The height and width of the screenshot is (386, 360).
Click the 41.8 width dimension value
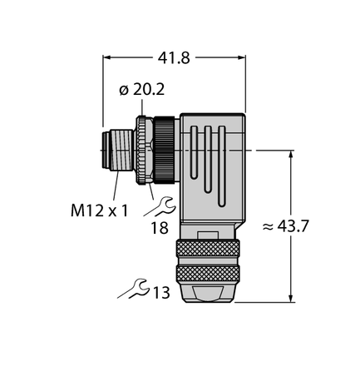174,58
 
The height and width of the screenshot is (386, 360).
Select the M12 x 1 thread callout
99,210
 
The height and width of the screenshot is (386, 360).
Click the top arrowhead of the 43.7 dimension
290,156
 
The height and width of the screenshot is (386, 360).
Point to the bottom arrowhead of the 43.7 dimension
290,295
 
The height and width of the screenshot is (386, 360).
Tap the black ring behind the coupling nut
166,150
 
